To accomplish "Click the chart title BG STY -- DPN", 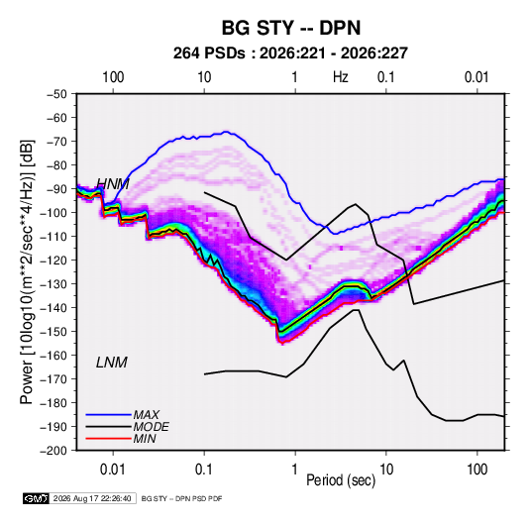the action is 291,28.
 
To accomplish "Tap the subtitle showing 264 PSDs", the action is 290,53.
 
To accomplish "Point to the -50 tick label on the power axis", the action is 56,94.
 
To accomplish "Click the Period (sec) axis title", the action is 341,480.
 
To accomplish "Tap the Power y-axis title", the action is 27,271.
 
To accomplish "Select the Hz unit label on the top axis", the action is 341,77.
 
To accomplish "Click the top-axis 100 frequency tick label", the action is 113,77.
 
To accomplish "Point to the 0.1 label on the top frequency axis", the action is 386,77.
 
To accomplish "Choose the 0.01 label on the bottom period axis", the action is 113,470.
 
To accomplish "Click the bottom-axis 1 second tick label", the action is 295,470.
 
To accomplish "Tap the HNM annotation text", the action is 113,184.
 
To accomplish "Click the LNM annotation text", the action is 112,363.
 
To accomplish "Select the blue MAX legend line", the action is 108,414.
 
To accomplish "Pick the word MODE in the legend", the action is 152,427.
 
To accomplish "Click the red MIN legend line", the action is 108,439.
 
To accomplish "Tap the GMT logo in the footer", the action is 37,498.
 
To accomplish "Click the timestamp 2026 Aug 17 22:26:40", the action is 92,498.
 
